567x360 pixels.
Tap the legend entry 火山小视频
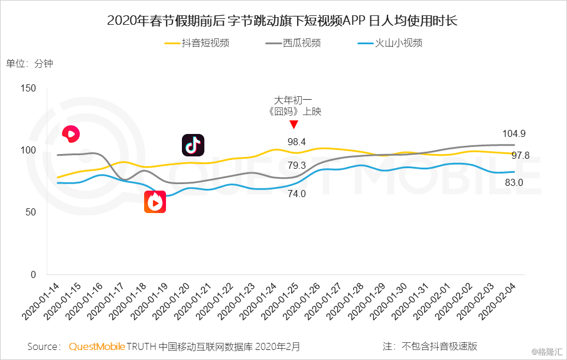tap(399, 43)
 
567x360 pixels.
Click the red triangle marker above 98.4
tap(294, 125)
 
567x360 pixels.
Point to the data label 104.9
tap(514, 133)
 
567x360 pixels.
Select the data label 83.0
tap(513, 183)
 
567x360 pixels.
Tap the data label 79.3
tap(296, 165)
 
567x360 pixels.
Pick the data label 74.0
tap(296, 194)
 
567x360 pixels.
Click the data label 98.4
tap(296, 142)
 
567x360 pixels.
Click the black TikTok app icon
tap(193, 146)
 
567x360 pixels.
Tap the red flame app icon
tap(155, 202)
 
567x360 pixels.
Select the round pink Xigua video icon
tap(71, 135)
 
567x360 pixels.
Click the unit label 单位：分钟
tap(30, 64)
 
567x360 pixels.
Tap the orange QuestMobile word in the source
tap(97, 346)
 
